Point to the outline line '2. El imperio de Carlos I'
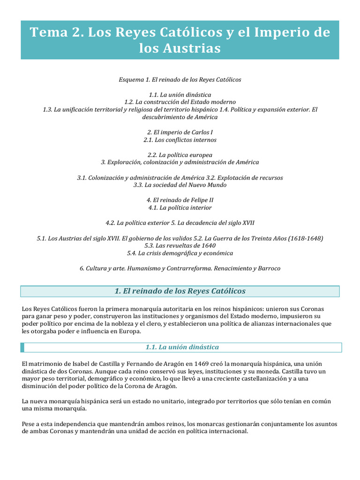coord(180,133)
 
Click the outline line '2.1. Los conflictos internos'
coord(180,140)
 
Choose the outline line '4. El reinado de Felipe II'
coord(180,200)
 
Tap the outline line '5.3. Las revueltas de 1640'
coord(180,246)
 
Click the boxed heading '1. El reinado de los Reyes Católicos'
coord(180,291)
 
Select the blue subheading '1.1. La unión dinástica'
coord(182,347)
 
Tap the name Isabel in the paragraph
coord(73,364)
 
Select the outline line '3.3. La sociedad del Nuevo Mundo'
coord(180,185)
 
